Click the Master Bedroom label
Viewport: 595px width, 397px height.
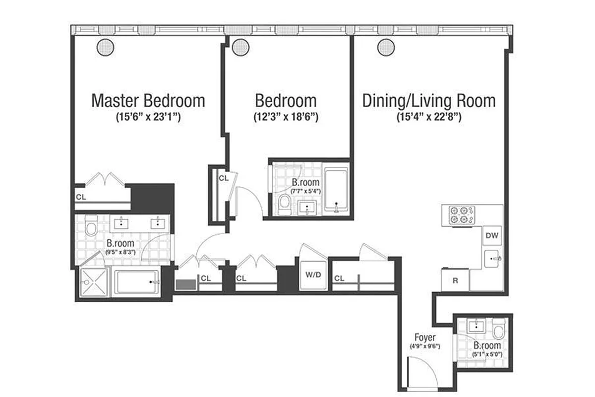148,101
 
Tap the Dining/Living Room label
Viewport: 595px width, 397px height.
429,101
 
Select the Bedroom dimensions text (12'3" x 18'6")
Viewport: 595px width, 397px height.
286,118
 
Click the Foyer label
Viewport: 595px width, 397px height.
425,338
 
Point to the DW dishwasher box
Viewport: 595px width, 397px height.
492,235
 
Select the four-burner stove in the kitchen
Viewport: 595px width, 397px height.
461,215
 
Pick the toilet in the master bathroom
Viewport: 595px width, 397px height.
91,228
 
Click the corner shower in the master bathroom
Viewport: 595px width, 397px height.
93,282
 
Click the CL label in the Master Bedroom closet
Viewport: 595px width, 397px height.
80,197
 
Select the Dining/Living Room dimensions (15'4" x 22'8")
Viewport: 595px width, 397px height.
429,118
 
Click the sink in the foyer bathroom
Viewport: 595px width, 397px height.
476,326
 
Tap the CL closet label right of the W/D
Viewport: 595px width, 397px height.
339,278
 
